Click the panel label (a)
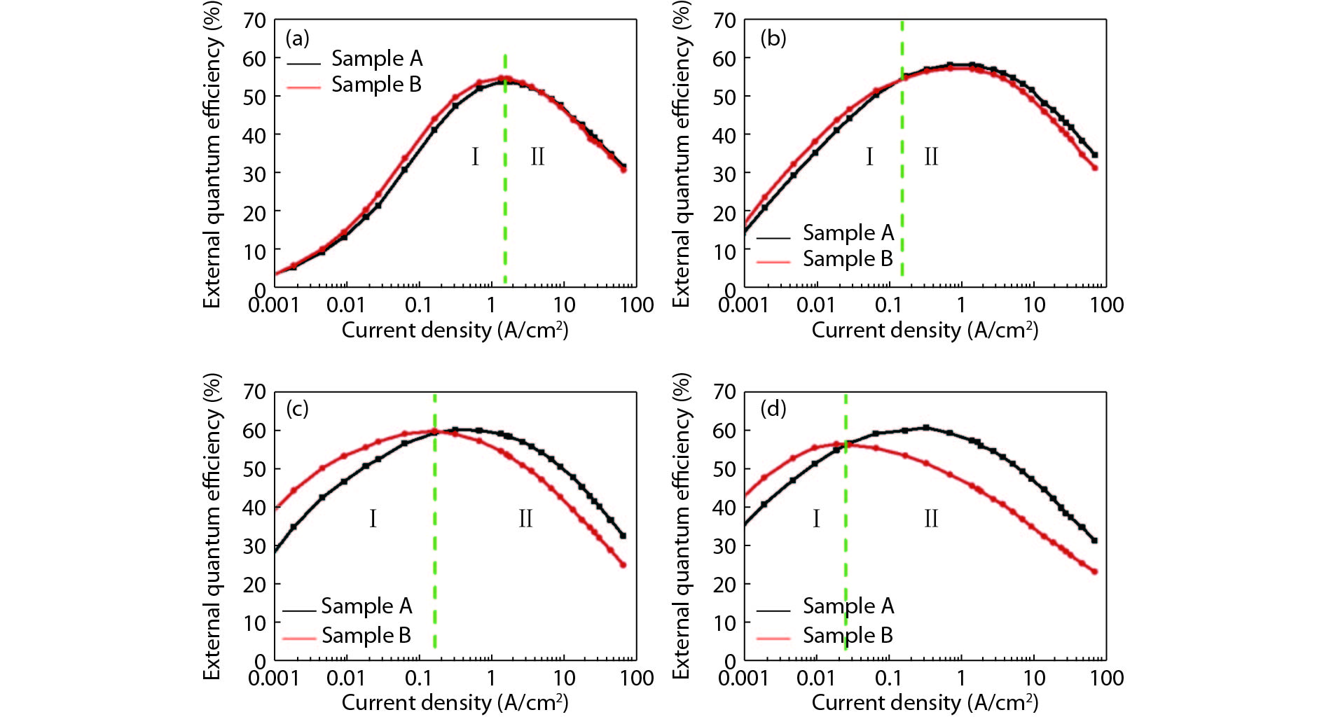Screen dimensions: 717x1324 click(x=297, y=38)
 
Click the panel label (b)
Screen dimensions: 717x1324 click(x=773, y=38)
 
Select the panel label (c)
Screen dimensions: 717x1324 click(x=297, y=408)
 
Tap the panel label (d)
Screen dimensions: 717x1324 click(x=773, y=408)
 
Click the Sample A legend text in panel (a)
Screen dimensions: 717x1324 click(x=377, y=58)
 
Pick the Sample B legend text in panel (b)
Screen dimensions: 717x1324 click(x=848, y=258)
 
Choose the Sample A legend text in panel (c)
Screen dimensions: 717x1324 click(x=366, y=606)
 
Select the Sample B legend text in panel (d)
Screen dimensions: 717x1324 click(x=848, y=635)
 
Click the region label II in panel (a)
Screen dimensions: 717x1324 click(x=537, y=156)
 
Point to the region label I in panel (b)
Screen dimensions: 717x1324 click(x=869, y=156)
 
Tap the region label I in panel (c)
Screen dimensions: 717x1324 click(x=373, y=519)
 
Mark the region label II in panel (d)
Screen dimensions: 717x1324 click(x=931, y=519)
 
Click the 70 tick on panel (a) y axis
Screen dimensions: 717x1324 click(x=254, y=20)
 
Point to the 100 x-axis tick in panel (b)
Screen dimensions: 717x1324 click(x=1106, y=305)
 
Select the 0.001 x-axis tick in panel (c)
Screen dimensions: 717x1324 click(x=274, y=678)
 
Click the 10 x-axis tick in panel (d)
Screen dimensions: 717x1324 click(x=1034, y=678)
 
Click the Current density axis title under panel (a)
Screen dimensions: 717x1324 click(x=455, y=330)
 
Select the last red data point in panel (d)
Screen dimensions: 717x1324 click(x=1094, y=572)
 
